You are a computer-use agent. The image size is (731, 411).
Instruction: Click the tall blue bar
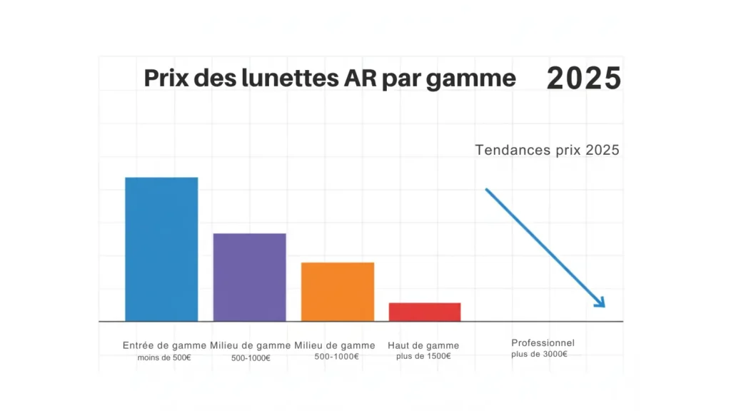pos(161,249)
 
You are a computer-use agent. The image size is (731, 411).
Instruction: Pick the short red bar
pos(425,312)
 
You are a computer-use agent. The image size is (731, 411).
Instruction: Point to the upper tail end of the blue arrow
pos(488,191)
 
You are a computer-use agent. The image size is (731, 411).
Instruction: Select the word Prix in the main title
pos(166,78)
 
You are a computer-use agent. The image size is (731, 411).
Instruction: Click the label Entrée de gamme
pos(164,345)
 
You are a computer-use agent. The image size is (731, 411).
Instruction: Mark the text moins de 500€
pos(164,357)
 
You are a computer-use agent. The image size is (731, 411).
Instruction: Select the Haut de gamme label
pos(423,345)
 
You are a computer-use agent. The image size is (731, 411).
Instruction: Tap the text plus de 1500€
pos(423,357)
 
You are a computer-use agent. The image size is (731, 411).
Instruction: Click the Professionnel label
pos(543,343)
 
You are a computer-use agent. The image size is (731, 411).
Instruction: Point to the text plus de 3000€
pos(539,355)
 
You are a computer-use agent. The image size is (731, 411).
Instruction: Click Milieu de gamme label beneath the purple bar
pos(250,345)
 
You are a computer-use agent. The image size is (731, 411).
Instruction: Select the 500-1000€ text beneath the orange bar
pos(336,357)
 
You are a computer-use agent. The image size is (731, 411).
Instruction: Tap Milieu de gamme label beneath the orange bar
pos(335,345)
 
